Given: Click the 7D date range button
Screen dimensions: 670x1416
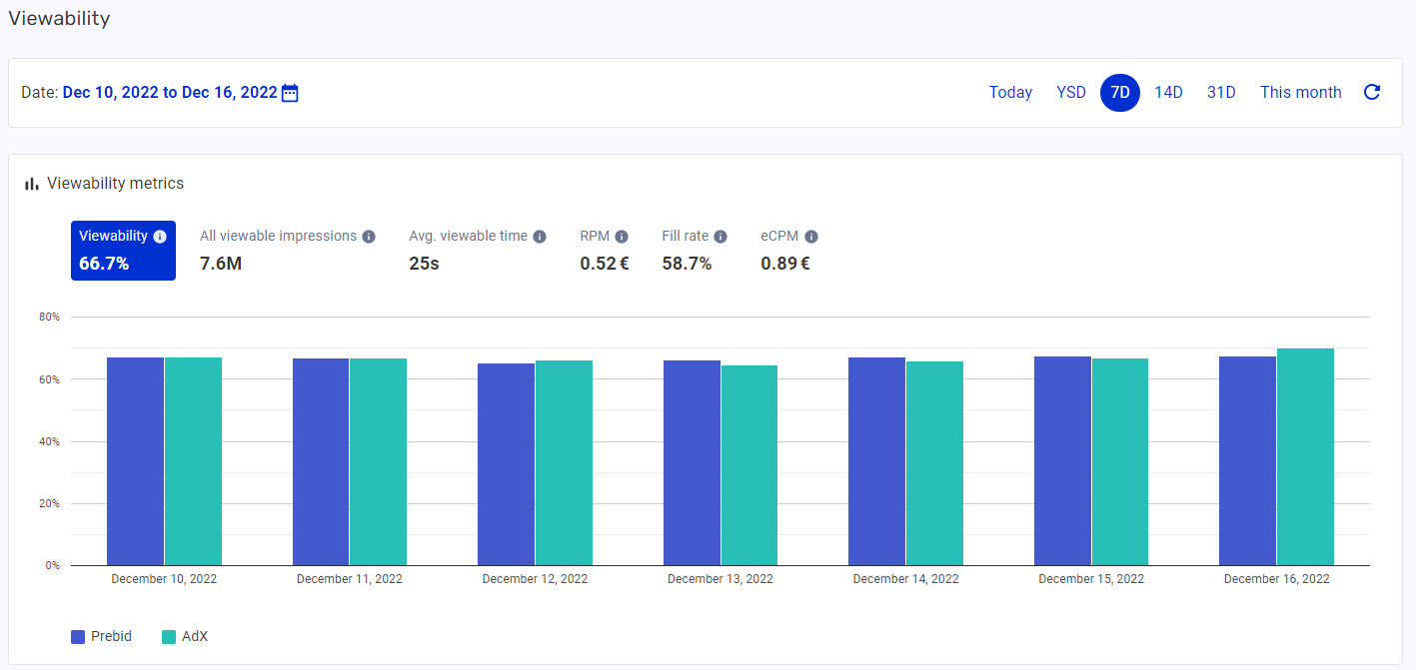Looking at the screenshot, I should tap(1120, 93).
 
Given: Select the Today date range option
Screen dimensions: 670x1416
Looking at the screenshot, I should tap(1010, 93).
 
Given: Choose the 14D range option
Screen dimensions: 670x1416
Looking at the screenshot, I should tap(1168, 93).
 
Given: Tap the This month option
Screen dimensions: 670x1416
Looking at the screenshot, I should tap(1300, 93).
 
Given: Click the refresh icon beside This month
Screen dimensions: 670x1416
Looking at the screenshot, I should tap(1372, 93).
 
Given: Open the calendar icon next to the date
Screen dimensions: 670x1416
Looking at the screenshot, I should tap(290, 93).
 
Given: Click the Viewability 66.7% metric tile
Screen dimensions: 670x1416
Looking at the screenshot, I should tap(123, 251).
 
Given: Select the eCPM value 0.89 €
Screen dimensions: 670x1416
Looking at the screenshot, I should tap(784, 264).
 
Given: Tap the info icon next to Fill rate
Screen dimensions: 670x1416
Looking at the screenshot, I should tap(720, 237).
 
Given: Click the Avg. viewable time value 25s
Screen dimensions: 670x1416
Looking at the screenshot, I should tap(425, 264).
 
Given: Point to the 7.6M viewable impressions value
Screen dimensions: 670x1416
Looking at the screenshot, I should tap(221, 264).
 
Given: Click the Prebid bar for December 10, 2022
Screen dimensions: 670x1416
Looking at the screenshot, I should tap(135, 461).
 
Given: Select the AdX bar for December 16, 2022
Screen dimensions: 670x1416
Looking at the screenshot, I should tap(1305, 457).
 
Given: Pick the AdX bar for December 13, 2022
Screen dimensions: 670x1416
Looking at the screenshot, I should tap(749, 465).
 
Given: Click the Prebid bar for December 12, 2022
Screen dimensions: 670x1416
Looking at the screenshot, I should tap(506, 464).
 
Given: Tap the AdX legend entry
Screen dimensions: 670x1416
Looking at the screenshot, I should tap(185, 637).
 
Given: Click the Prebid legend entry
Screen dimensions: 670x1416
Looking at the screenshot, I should tap(101, 637).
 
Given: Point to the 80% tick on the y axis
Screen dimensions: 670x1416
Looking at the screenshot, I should tap(50, 318).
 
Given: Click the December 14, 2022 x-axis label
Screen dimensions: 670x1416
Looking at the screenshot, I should tap(905, 579).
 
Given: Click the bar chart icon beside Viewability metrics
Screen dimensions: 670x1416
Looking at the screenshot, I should tap(32, 184).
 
